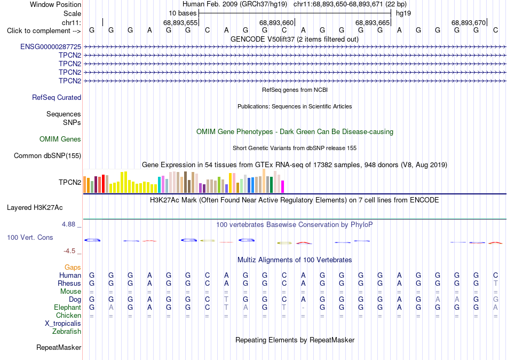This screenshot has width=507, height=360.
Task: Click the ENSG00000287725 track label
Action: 51,46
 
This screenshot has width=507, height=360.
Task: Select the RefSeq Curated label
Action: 57,97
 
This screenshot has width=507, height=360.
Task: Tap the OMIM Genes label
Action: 60,139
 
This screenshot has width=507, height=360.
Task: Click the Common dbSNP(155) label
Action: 47,156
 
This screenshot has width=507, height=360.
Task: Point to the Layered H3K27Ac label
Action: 35,208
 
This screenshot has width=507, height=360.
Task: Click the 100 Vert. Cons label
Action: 30,237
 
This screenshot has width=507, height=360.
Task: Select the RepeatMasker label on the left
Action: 59,347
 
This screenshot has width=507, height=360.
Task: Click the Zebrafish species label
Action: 67,331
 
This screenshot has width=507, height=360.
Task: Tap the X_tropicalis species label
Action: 63,324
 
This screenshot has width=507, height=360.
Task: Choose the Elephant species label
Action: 68,307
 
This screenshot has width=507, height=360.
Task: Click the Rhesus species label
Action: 69,283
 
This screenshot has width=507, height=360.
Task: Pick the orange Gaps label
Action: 73,268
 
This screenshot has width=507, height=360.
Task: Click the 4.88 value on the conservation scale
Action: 68,224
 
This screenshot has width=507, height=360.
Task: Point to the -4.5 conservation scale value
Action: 69,251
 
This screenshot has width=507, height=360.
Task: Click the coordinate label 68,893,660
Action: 276,22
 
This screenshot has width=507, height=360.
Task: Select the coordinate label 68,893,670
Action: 469,22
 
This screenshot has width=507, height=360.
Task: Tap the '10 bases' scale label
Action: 183,13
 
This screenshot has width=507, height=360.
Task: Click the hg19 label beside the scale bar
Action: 403,13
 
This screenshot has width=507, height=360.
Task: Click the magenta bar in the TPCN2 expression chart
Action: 283,187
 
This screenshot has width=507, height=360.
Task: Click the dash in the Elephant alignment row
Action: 303,308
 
